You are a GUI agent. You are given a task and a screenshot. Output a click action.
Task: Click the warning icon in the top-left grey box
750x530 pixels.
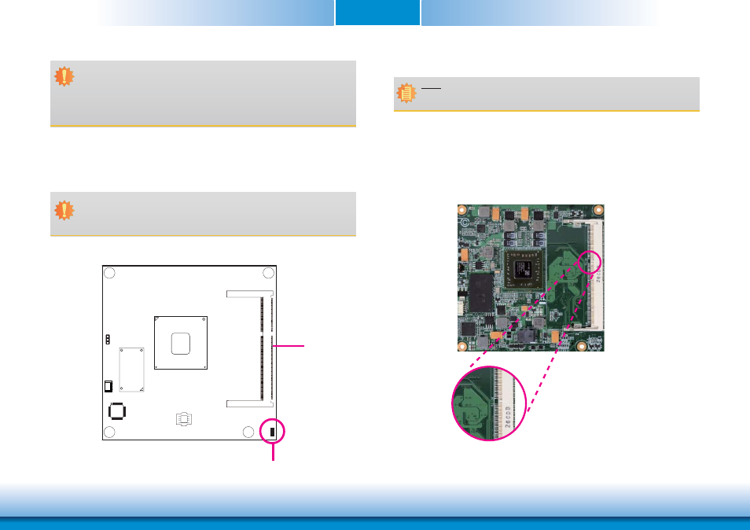(64, 76)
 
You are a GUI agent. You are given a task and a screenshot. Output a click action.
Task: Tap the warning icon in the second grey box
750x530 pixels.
(64, 210)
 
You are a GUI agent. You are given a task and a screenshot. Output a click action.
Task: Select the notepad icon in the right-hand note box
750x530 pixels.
(406, 94)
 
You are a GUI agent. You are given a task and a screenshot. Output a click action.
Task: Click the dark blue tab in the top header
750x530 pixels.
(377, 13)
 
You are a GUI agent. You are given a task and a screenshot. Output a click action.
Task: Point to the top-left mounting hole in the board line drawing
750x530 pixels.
(110, 273)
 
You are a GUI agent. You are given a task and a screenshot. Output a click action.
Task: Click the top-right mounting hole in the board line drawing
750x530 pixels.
(268, 273)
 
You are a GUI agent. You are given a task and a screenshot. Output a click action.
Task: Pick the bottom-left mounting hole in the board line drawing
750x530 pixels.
(110, 431)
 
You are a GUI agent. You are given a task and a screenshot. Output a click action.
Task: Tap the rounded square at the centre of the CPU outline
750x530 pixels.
(181, 342)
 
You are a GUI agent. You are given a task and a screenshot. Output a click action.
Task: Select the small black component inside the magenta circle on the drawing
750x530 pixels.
(273, 432)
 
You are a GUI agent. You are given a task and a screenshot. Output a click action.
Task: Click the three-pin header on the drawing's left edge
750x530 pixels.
(107, 340)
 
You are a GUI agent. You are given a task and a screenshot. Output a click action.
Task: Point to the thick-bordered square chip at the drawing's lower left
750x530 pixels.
(116, 411)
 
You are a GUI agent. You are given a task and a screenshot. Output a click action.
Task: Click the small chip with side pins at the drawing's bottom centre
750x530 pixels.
(182, 419)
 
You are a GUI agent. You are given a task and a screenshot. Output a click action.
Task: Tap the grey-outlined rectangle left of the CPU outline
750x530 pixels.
(131, 370)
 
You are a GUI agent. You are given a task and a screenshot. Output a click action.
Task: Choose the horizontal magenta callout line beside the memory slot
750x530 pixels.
(289, 344)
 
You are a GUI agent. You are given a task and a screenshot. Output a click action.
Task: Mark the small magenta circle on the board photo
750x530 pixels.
(590, 262)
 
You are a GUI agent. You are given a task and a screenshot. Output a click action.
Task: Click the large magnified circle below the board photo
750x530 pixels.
(488, 403)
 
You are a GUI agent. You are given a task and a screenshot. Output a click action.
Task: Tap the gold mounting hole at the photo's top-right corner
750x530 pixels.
(597, 212)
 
